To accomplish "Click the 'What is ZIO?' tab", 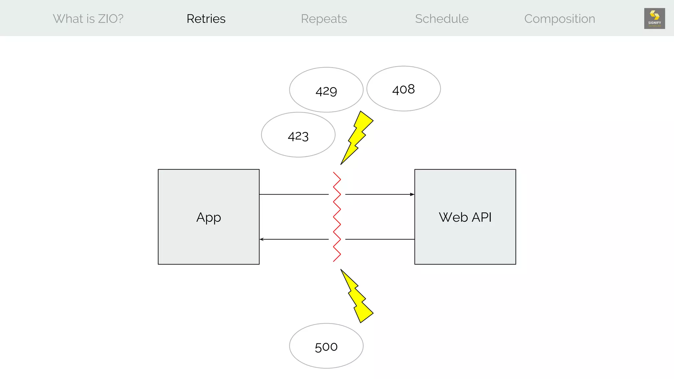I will tap(88, 19).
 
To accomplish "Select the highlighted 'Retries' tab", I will tap(206, 19).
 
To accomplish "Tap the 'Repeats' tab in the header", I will tap(324, 19).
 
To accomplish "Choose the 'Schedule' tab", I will tap(442, 19).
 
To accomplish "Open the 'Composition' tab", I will tap(559, 19).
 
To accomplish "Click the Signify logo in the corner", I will tap(654, 18).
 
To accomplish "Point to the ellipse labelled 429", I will tap(326, 90).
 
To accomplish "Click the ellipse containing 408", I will tap(403, 89).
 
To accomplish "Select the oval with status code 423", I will tap(298, 135).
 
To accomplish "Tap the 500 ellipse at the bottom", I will tap(326, 346).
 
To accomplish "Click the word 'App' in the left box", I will tap(209, 217).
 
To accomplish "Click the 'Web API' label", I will tap(465, 217).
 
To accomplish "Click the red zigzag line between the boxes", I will tap(337, 217).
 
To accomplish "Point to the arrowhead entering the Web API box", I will tap(412, 194).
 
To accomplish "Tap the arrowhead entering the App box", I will tap(262, 239).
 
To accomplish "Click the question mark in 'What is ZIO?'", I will tap(120, 19).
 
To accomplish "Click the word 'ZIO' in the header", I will tap(106, 19).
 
